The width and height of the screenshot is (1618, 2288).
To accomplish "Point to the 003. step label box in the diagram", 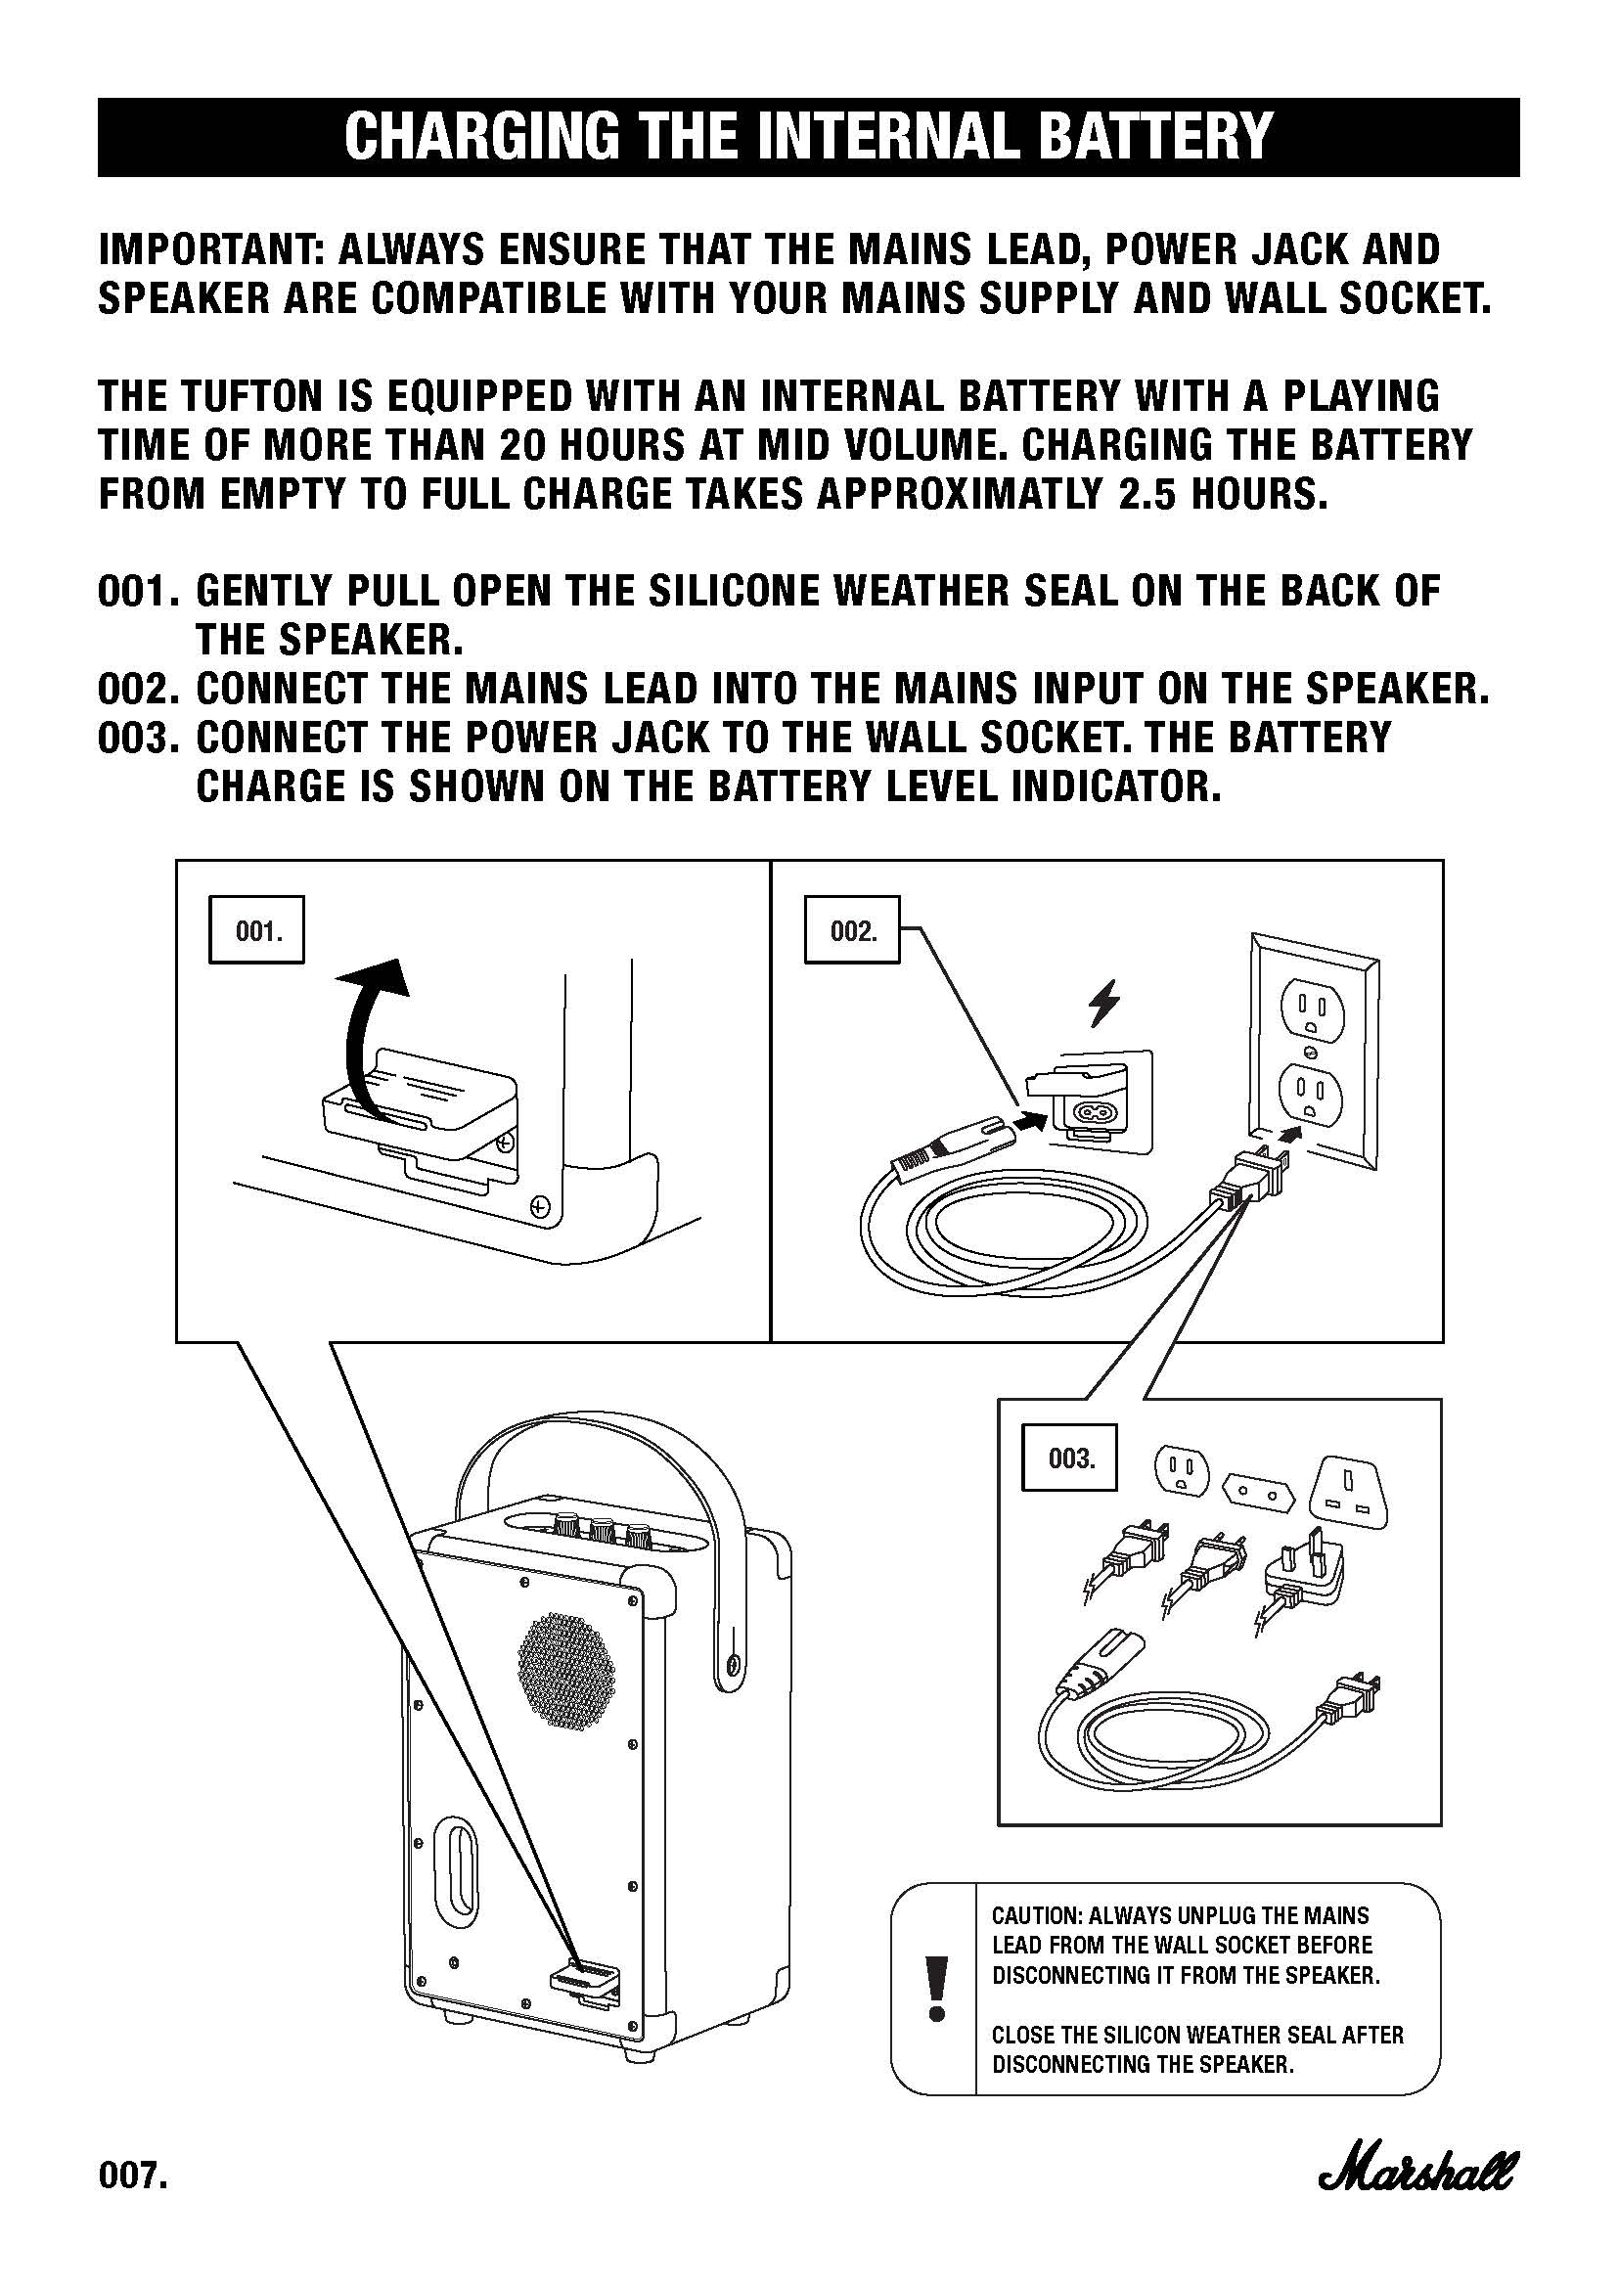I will tap(1071, 1460).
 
